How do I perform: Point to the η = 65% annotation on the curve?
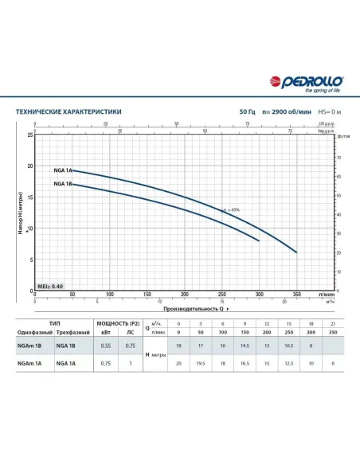(x=230, y=209)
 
